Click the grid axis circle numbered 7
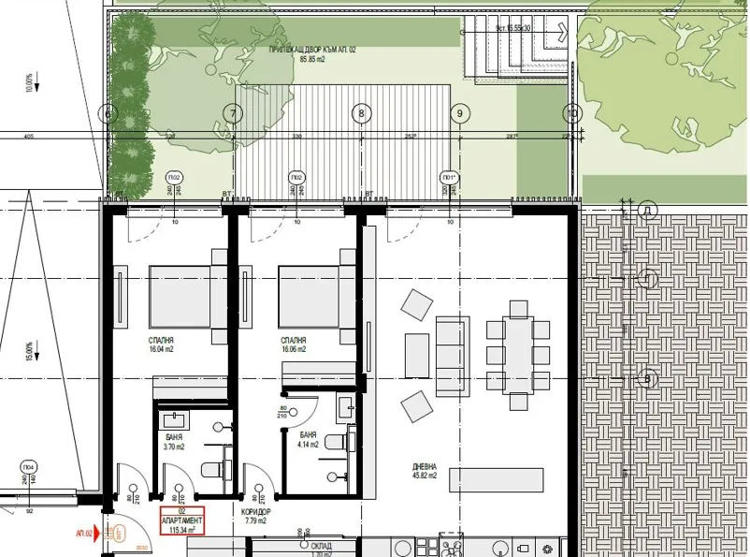pos(233,114)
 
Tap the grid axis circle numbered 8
pos(362,114)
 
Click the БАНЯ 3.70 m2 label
pos(173,442)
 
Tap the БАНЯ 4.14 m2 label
pos(309,440)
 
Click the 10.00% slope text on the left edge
pos(30,83)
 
